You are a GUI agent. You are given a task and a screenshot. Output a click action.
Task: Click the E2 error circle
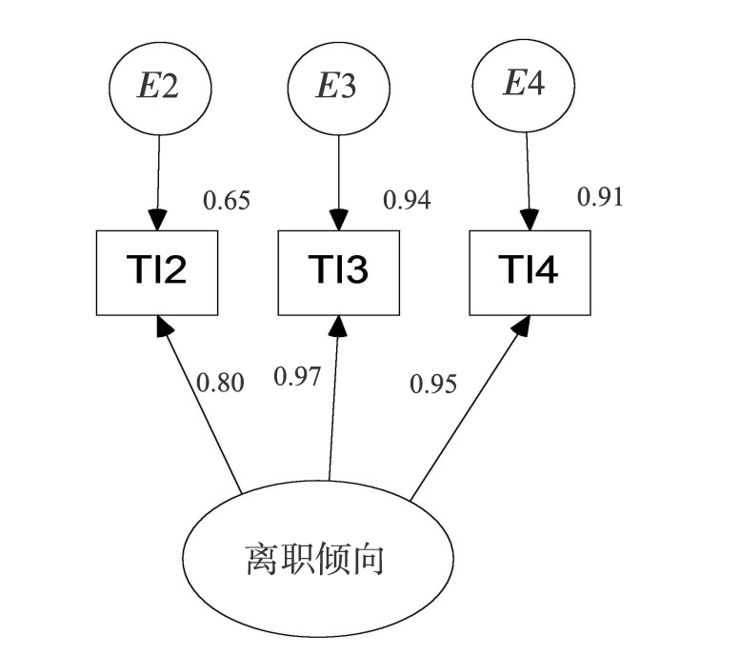(x=159, y=88)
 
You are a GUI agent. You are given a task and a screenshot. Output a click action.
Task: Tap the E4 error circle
(x=525, y=84)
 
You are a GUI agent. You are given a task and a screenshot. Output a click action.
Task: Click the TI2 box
(x=157, y=272)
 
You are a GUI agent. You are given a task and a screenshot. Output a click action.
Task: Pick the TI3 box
(x=338, y=272)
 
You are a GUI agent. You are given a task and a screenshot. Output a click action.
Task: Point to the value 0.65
(x=227, y=202)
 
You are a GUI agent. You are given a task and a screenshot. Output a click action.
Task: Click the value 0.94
(x=407, y=200)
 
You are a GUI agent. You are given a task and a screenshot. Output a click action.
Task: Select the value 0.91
(x=600, y=197)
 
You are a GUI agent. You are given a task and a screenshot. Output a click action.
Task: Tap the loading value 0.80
(x=220, y=383)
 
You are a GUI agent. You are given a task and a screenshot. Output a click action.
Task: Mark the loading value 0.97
(x=297, y=376)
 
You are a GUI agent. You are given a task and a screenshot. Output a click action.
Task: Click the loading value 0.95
(x=433, y=384)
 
